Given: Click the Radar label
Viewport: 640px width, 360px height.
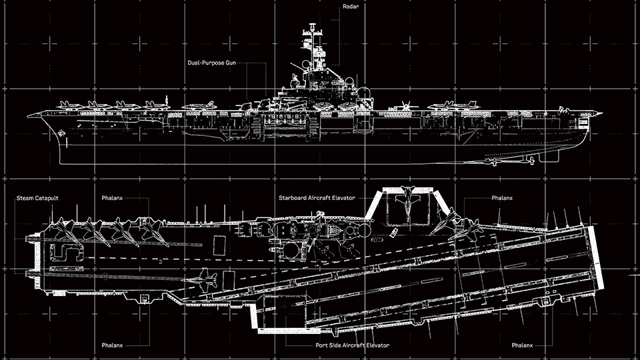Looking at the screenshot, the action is tap(351, 7).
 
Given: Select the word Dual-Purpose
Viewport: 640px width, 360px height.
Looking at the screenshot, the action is tap(206, 63).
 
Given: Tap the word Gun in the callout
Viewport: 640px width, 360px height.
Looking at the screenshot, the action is tap(231, 63).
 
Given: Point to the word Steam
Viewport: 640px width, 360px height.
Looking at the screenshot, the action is tap(25, 198).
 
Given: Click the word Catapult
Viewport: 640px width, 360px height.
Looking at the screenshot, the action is tap(47, 199).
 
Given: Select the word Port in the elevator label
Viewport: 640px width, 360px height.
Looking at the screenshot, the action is tap(321, 345).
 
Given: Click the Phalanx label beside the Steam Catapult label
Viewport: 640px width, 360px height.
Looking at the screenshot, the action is tap(112, 198).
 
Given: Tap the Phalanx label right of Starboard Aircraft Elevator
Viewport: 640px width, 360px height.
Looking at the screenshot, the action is tap(501, 198).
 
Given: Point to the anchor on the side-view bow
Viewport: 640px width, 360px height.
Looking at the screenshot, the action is tap(61, 133).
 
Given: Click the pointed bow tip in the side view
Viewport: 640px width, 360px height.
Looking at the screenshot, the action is tap(29, 116).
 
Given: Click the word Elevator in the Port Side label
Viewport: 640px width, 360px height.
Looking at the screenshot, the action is tap(377, 345).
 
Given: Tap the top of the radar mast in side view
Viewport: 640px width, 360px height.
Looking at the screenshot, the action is tap(313, 25).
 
